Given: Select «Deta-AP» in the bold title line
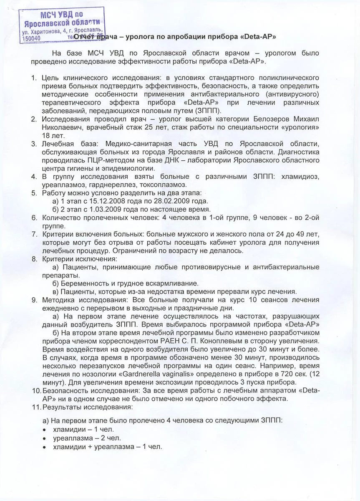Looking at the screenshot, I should pos(258,37).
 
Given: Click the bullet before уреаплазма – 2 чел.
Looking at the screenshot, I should pos(45,438).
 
